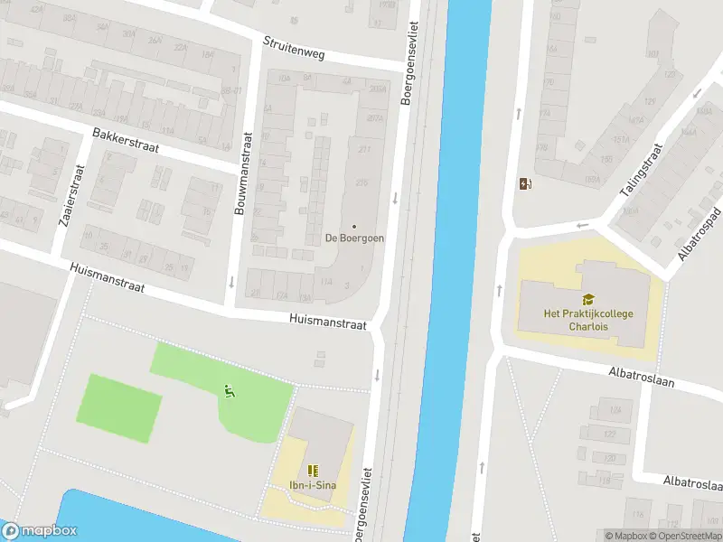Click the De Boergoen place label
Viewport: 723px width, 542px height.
(354, 238)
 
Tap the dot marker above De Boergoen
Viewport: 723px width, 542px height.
(354, 226)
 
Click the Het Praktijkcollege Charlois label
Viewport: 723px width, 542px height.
(588, 320)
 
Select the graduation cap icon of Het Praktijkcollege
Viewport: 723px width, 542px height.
(588, 299)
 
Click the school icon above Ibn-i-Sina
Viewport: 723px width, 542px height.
(313, 471)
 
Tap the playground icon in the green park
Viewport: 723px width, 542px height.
(229, 391)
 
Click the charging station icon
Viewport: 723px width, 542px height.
(526, 184)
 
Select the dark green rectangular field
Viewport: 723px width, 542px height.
(122, 407)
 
